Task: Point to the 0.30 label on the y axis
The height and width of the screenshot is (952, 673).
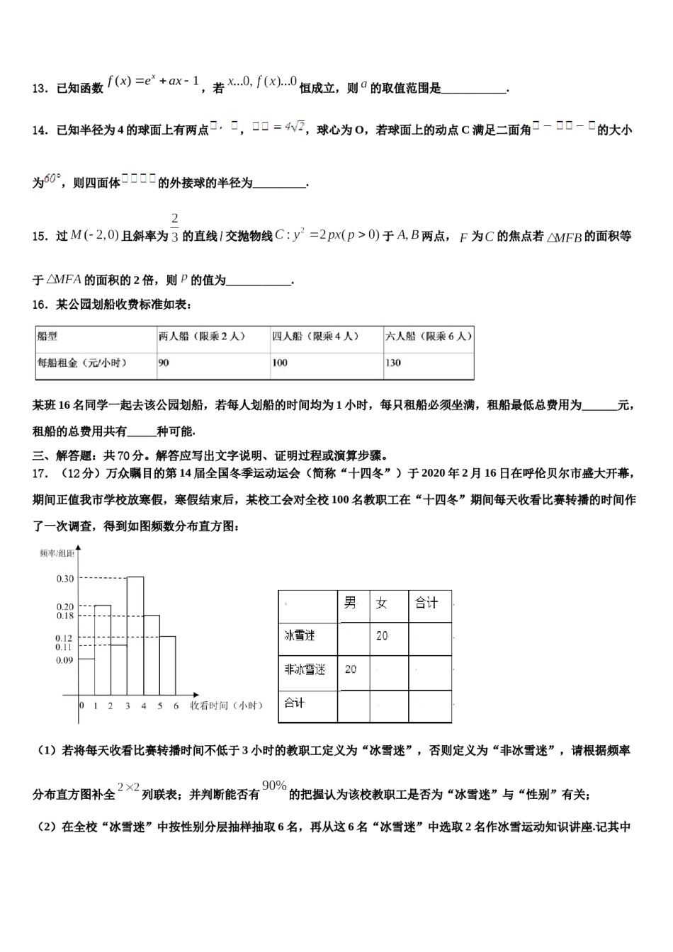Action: point(65,579)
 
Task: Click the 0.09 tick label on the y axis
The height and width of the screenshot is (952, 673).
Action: point(65,660)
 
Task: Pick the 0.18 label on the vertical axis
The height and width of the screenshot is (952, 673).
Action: point(65,616)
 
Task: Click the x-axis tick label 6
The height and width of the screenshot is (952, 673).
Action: point(176,705)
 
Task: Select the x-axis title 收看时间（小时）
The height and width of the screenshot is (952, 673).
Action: point(227,705)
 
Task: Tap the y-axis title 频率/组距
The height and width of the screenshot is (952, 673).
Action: point(56,553)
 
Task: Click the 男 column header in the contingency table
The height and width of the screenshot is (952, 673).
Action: point(350,603)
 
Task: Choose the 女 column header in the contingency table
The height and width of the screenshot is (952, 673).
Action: point(382,603)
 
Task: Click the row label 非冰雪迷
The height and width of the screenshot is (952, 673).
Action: point(305,669)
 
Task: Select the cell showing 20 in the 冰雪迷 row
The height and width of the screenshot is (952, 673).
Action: point(382,636)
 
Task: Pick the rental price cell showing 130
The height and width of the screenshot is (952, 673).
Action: point(393,363)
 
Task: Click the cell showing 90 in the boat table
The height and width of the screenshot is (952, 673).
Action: point(164,363)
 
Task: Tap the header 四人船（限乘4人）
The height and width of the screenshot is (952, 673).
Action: point(316,336)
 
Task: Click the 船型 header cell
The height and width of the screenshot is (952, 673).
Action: point(47,336)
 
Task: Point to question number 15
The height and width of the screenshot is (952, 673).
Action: point(40,237)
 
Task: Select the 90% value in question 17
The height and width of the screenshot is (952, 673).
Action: point(274,785)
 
